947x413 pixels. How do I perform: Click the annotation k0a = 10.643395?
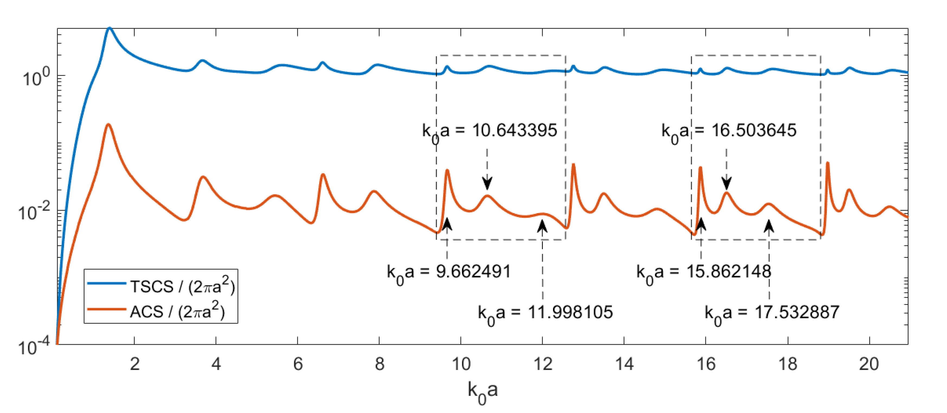pos(490,131)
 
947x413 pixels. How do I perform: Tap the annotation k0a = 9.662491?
pos(449,272)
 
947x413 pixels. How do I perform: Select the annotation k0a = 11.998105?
pos(545,313)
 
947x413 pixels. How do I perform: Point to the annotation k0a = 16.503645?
pos(729,131)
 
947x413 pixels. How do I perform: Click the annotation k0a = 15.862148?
pos(704,272)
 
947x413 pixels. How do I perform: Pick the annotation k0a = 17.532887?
pos(772,313)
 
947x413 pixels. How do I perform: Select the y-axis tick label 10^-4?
pos(34,347)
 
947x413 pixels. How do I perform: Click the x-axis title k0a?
pos(482,391)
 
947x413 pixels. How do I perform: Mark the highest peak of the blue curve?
pos(109,28)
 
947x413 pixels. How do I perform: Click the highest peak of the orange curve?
pos(108,125)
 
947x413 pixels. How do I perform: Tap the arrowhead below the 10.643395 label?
pos(487,183)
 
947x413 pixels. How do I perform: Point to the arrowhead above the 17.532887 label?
pos(769,226)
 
